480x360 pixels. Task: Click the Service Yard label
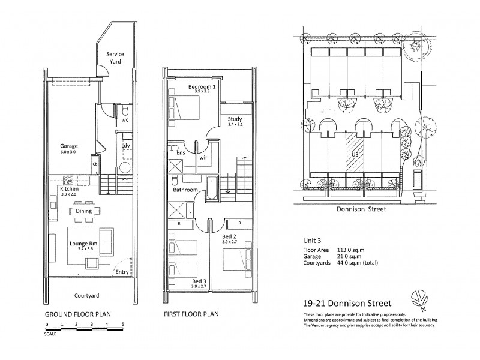[115, 58]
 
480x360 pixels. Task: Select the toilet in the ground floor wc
[125, 112]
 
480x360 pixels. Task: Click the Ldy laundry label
[126, 145]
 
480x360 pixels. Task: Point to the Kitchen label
[70, 189]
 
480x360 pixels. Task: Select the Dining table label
[83, 211]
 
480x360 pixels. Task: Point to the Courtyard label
[87, 296]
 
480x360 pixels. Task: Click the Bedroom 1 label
[202, 87]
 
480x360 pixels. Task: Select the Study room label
[235, 119]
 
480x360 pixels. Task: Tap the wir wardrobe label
[203, 158]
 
